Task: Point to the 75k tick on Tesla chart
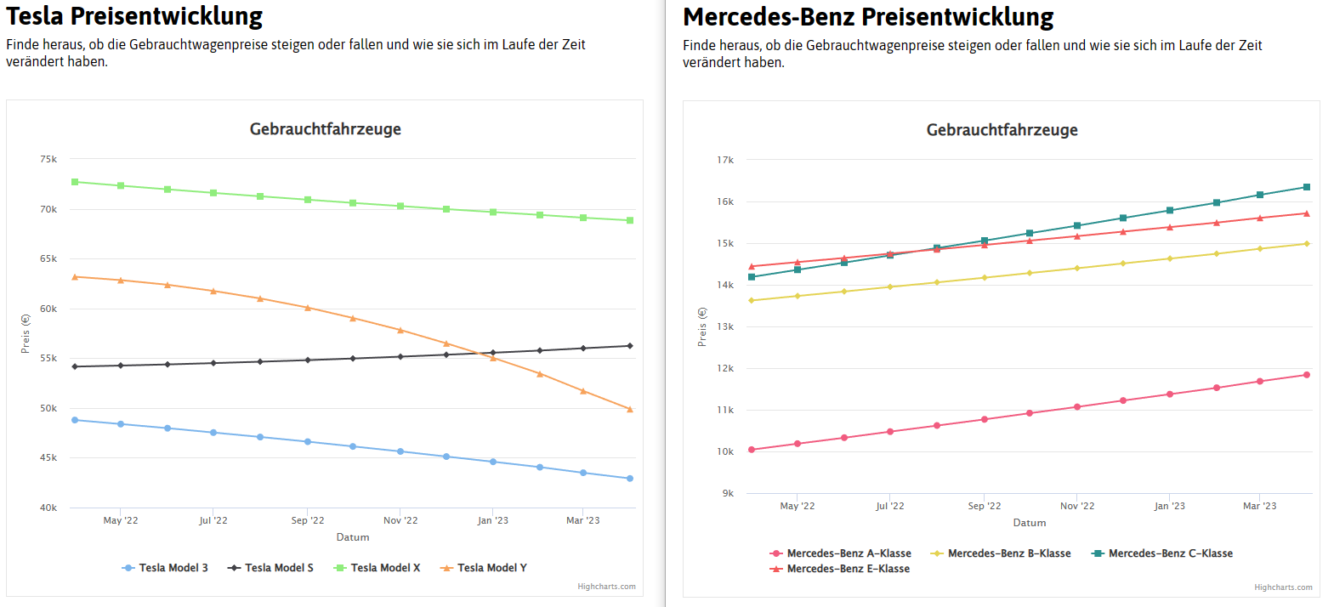coord(48,159)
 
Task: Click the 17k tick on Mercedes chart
coord(725,160)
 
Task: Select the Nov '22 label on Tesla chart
coord(400,520)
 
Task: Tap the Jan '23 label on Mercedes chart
coord(1169,506)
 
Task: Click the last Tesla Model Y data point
coord(630,410)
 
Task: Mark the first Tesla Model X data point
coord(75,182)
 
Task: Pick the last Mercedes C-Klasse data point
coord(1307,187)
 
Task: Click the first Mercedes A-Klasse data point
coord(752,450)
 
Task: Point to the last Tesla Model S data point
coord(630,346)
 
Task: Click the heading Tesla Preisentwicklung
coord(134,16)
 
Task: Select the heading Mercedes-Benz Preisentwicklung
coord(868,17)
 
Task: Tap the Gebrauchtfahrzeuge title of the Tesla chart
coord(326,129)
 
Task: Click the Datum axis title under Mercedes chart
coord(1030,523)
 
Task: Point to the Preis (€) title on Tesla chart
coord(26,333)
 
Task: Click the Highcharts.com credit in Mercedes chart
coord(1283,587)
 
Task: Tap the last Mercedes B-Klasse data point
coord(1307,244)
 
